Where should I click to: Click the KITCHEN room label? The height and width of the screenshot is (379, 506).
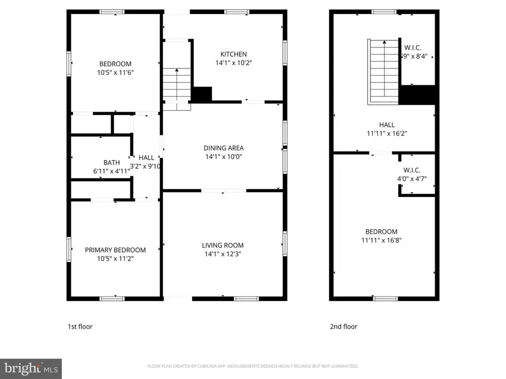[x=233, y=54]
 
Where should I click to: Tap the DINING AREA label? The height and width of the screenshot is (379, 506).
[x=223, y=148]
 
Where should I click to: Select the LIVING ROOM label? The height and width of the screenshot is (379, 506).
[x=223, y=245]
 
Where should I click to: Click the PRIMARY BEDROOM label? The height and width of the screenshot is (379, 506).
[x=115, y=250]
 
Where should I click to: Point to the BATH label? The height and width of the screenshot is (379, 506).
[x=111, y=162]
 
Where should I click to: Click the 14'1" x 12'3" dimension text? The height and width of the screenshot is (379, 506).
[x=223, y=254]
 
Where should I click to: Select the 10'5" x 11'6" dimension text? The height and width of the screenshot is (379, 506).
[x=115, y=72]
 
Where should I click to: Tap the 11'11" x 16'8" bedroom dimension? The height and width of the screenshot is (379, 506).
[x=381, y=240]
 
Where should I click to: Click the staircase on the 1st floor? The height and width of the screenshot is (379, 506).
[x=177, y=84]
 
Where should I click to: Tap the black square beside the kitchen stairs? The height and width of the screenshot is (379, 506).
[x=201, y=94]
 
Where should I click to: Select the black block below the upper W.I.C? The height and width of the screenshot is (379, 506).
[x=417, y=94]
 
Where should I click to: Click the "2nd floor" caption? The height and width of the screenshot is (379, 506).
[x=343, y=326]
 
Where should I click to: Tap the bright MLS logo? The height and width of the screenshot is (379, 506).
[x=30, y=369]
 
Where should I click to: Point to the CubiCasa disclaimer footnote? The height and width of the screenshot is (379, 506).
[x=252, y=366]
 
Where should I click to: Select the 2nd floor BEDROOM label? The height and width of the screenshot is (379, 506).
[x=381, y=231]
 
